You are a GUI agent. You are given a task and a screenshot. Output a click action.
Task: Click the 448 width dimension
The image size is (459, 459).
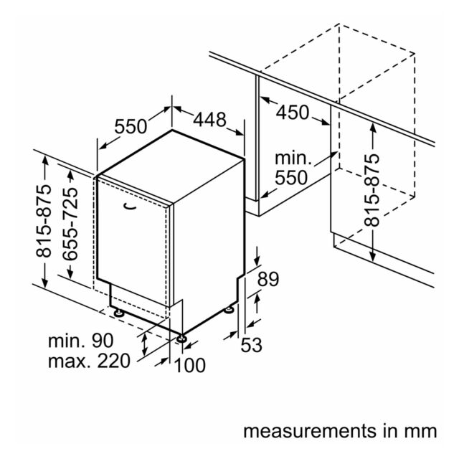click(x=209, y=120)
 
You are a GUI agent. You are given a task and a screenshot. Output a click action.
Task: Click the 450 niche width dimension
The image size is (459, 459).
click(x=293, y=113)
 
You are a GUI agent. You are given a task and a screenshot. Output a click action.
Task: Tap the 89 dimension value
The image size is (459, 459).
click(x=268, y=279)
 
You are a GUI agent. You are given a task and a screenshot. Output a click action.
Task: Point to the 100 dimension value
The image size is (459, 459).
click(x=189, y=365)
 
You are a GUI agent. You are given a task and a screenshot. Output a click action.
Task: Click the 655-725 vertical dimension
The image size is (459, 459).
click(x=70, y=224)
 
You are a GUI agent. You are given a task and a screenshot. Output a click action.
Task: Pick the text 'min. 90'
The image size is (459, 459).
click(x=80, y=341)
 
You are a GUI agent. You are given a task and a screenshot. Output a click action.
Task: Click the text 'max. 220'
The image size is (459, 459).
click(x=89, y=361)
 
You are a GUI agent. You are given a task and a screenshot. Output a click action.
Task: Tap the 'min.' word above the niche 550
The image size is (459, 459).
click(x=293, y=158)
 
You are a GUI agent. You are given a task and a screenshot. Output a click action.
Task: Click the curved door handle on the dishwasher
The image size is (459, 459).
click(x=130, y=207)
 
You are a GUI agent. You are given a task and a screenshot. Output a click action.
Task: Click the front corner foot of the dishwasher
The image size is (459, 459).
click(x=181, y=338)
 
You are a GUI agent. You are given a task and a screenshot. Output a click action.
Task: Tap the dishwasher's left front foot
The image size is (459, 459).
click(x=119, y=313)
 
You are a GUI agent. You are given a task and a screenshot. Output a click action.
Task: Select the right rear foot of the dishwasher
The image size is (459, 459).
click(x=229, y=310)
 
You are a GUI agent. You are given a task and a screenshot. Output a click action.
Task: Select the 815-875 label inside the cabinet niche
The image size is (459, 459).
click(x=372, y=190)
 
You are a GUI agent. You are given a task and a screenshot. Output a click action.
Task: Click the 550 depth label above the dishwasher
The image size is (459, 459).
click(x=131, y=126)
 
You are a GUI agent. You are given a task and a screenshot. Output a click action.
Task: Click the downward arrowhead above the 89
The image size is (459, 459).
click(x=257, y=260)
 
